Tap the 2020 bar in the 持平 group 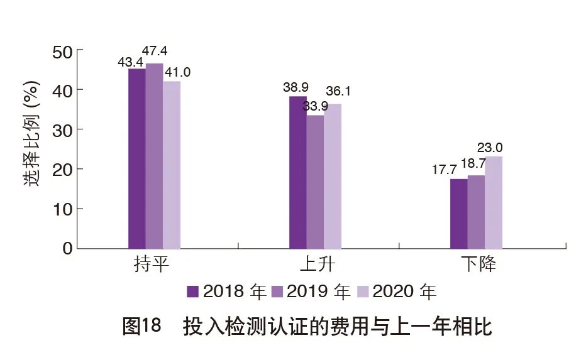pos(172,165)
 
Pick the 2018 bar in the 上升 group pos(297,172)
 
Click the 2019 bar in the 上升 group pos(315,182)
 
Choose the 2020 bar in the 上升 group pos(333,176)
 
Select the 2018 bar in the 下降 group pos(458,214)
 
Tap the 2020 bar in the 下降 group pos(494,202)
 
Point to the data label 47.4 pos(157,52)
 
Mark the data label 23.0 pos(490,148)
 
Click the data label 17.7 pos(448,170)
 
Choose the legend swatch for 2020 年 pos(362,292)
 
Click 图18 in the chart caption pos(141,327)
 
